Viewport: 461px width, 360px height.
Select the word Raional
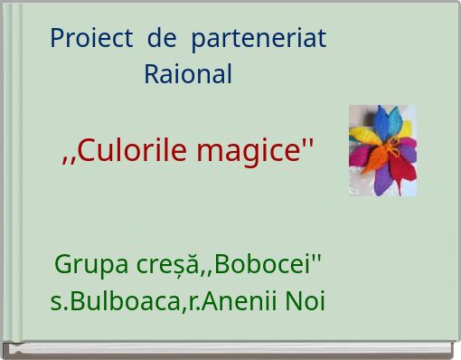188,74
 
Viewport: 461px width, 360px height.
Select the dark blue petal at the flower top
381,120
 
